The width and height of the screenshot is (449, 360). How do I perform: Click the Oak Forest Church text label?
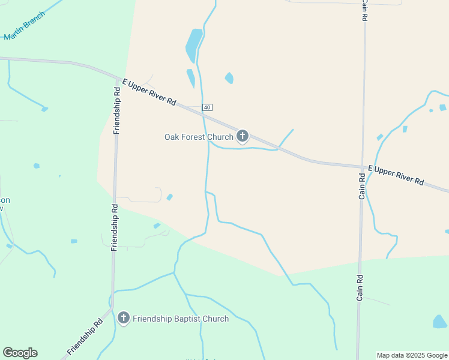199,137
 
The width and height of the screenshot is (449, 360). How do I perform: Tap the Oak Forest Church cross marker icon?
243,136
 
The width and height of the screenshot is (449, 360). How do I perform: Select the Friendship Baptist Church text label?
181,319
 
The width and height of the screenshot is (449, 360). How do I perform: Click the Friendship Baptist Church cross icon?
124,317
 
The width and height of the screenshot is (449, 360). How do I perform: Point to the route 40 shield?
207,107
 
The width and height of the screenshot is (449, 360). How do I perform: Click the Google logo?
20,353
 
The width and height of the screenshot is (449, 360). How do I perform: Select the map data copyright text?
412,355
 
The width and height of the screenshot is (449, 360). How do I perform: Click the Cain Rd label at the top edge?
364,10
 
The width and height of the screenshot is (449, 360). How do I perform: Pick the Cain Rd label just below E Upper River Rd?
362,186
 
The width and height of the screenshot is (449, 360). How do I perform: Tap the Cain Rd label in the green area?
360,287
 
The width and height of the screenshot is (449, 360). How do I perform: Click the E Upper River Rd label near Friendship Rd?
149,92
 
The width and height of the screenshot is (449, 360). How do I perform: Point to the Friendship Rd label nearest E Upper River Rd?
117,108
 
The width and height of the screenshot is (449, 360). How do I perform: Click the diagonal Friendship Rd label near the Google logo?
85,337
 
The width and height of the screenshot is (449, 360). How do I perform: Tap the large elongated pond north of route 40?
193,44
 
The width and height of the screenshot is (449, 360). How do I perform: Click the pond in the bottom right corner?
439,322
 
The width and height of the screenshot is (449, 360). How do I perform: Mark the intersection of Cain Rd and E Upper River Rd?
363,167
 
